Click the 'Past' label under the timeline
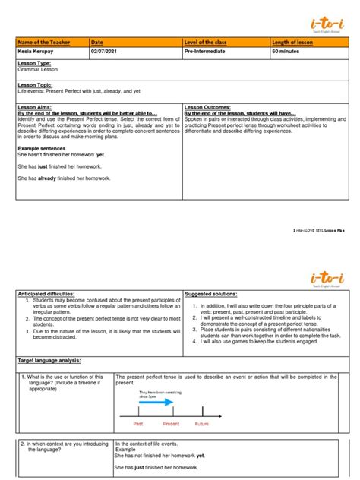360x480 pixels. [x=137, y=423]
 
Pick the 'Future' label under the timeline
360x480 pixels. [x=201, y=423]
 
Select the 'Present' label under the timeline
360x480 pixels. [x=171, y=423]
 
